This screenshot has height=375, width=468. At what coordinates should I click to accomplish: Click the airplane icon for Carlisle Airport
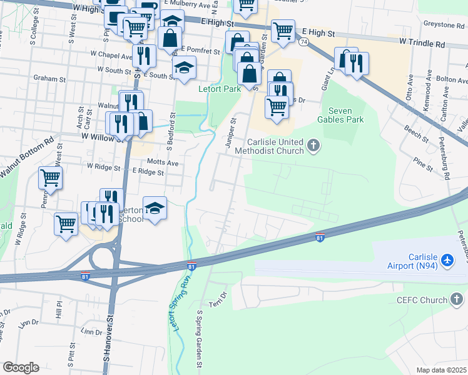447,259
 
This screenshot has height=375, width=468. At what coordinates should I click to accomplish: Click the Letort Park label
220,89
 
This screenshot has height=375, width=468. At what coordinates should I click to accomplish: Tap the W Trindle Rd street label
421,44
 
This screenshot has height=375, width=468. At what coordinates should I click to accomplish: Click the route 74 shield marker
303,42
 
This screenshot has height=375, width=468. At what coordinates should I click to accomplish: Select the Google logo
21,367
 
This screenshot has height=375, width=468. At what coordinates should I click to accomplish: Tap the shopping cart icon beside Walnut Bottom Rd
50,178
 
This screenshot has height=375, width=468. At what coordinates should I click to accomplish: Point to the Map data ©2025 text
441,369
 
